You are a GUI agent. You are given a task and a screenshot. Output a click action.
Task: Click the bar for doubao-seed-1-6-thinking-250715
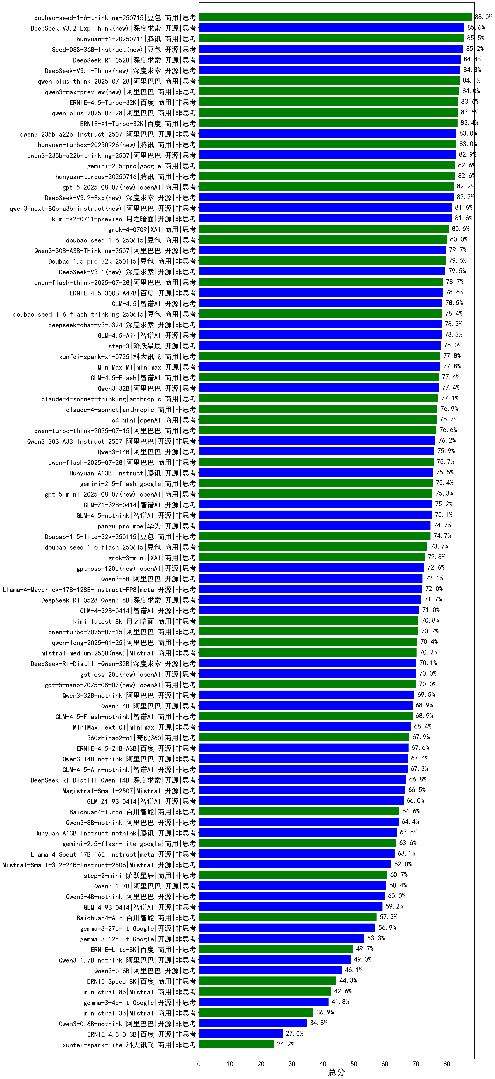335,17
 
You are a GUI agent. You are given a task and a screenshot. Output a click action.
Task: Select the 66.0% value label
415,800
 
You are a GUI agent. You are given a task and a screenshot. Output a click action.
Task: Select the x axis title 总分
336,1072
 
